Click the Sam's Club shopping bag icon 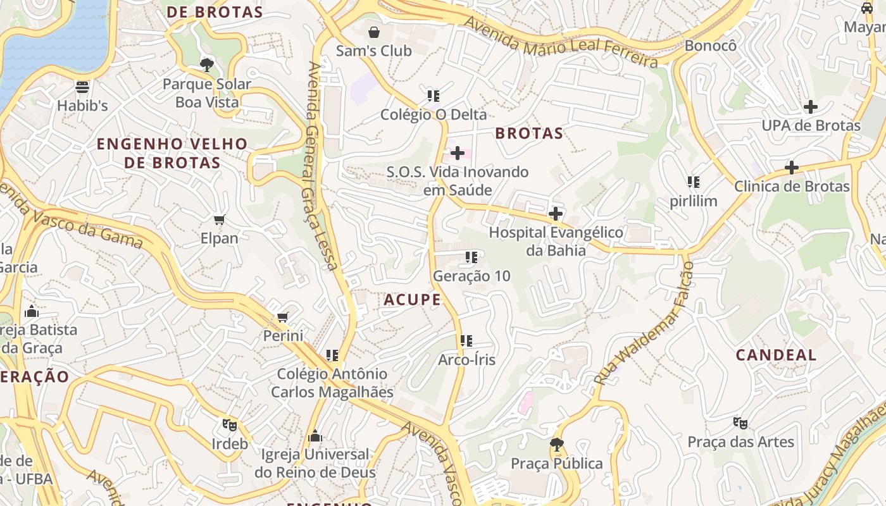point(374,32)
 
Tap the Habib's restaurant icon point(82,87)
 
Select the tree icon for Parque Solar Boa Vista point(206,65)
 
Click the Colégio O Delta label point(434,114)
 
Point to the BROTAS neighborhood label point(529,133)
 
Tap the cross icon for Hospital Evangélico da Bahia point(556,214)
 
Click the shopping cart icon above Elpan point(219,219)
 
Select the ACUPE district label point(412,300)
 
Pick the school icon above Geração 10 point(471,257)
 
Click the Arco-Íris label point(466,360)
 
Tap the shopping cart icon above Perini point(283,317)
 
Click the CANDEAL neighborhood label point(776,355)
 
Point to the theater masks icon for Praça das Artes point(740,423)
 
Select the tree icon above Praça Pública point(556,445)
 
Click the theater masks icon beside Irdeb point(229,425)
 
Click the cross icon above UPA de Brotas point(810,107)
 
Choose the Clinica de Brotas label point(791,187)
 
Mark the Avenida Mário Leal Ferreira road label point(561,43)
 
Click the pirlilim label point(694,201)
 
